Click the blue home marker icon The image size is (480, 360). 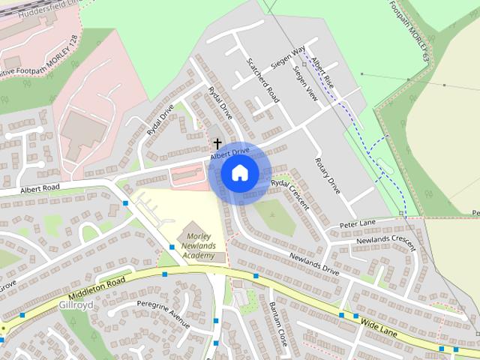click(239, 173)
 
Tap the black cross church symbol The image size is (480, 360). click(217, 142)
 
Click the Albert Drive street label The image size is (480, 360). click(229, 152)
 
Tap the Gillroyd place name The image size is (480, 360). click(76, 306)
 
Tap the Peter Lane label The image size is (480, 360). click(357, 224)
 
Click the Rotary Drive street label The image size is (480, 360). click(328, 177)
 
